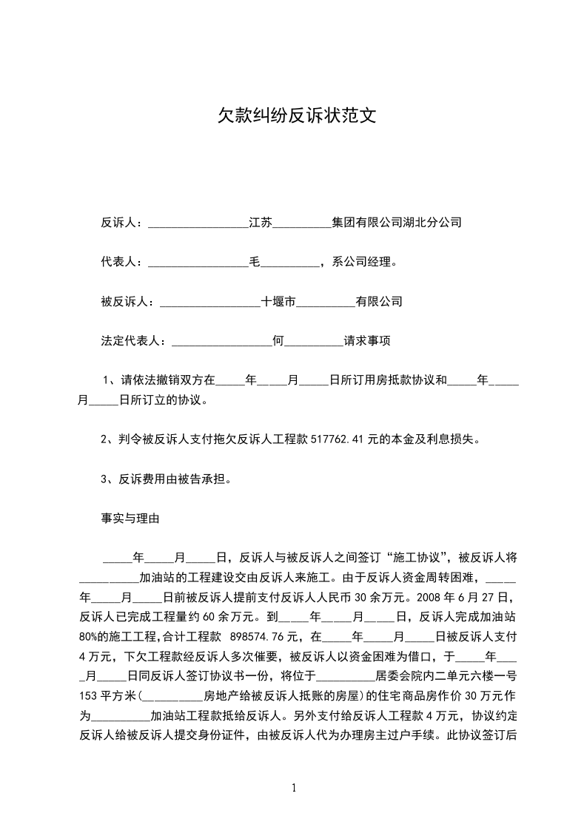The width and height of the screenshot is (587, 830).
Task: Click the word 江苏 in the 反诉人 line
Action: (261, 222)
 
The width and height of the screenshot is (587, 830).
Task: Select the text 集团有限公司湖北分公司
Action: (397, 222)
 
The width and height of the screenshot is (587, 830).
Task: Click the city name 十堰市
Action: (278, 302)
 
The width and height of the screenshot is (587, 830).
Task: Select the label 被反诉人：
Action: (128, 302)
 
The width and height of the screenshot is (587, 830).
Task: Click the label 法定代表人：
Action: (134, 342)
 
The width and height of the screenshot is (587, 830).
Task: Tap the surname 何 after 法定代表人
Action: (278, 342)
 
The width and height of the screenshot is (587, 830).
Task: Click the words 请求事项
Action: (366, 342)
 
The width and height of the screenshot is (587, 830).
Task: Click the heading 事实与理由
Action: (130, 519)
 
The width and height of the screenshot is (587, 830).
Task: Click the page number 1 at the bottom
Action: (294, 787)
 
